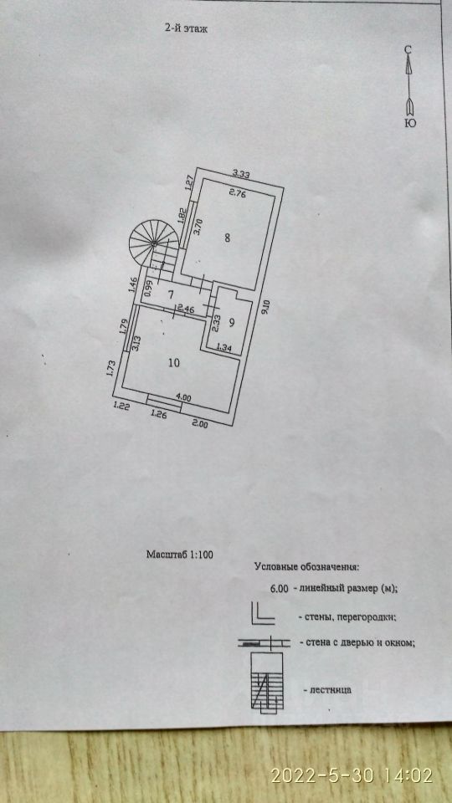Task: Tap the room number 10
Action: (174, 363)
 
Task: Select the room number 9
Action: (232, 323)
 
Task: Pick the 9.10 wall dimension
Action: (265, 309)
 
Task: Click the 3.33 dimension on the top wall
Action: (240, 174)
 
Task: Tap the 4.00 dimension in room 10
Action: (183, 396)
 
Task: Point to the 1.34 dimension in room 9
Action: (224, 347)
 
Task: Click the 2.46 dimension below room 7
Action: (186, 309)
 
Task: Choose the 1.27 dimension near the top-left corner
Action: (189, 183)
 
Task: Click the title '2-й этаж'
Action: (186, 28)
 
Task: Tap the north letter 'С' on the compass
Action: (408, 49)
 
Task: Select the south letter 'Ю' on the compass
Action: (410, 123)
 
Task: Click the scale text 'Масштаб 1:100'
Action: (180, 554)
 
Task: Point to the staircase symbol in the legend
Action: (267, 682)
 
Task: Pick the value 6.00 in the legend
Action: (280, 589)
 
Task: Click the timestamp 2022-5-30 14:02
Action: (352, 775)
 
